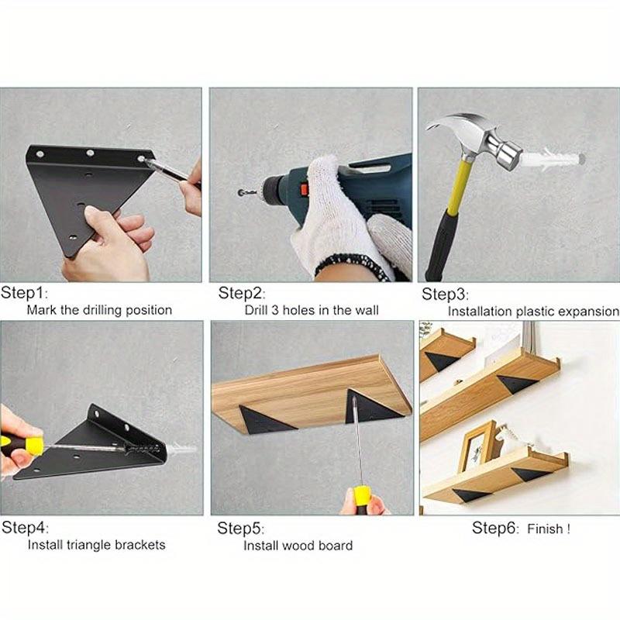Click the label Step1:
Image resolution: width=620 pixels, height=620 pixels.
tap(24, 293)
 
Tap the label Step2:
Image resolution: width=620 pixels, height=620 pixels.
tap(242, 293)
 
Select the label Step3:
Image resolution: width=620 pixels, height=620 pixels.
tap(445, 294)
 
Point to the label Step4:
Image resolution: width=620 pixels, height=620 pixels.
tap(24, 528)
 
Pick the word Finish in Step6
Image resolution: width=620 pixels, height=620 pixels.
tap(547, 529)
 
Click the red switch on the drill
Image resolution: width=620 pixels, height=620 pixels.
tap(304, 188)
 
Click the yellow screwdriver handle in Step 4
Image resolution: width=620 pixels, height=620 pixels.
tap(23, 446)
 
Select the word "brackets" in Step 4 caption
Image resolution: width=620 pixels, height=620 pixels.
tap(140, 545)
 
